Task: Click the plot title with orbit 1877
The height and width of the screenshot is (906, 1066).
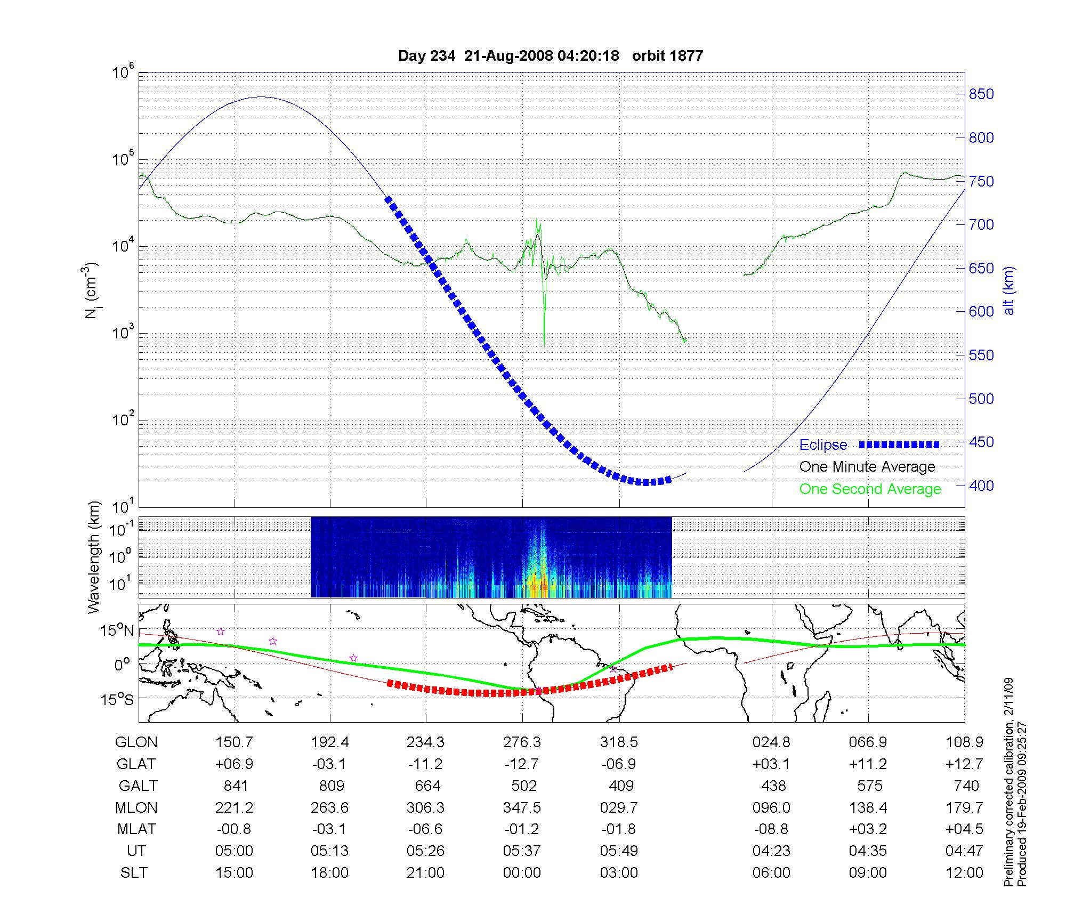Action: tap(551, 56)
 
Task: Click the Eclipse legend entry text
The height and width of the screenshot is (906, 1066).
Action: tap(823, 445)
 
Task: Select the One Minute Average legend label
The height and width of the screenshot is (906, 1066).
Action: tap(867, 467)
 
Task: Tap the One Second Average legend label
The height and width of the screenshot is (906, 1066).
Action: tap(870, 489)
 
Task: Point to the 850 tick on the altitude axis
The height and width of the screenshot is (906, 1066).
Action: tap(981, 94)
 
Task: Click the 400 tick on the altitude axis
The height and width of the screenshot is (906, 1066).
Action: tap(981, 486)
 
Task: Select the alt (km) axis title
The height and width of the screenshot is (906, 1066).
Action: tap(1009, 290)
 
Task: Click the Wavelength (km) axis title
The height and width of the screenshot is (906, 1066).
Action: tap(94, 557)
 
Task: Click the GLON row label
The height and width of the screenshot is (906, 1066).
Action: tap(136, 742)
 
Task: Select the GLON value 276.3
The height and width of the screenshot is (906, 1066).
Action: tap(522, 742)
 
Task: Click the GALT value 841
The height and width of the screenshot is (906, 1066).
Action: tap(235, 786)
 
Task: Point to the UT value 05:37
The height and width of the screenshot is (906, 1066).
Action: tap(522, 851)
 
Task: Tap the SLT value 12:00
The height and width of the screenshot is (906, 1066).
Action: tap(964, 872)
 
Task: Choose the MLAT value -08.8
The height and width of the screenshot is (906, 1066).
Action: tap(771, 829)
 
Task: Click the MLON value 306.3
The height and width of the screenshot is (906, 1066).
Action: tap(425, 807)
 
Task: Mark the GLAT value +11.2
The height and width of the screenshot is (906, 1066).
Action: tap(868, 764)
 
